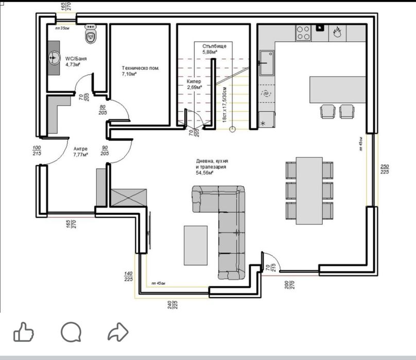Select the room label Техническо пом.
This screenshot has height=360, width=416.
[140, 71]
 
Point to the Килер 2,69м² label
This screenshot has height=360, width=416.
[194, 84]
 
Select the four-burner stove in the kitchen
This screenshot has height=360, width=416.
[303, 32]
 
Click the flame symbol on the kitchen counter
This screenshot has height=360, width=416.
[337, 32]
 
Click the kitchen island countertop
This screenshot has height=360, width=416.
[337, 90]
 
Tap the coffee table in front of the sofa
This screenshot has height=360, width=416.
[196, 245]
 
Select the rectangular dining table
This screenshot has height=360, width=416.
[309, 191]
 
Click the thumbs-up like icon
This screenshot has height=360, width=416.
[24, 332]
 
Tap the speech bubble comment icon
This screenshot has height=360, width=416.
[71, 332]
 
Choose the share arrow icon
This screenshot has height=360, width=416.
[117, 332]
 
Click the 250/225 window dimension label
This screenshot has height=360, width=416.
[385, 169]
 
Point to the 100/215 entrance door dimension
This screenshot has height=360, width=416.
[37, 150]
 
